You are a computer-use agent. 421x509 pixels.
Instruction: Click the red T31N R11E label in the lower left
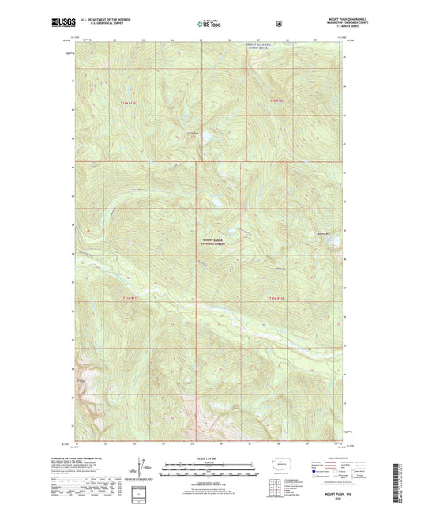coord(130,297)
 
